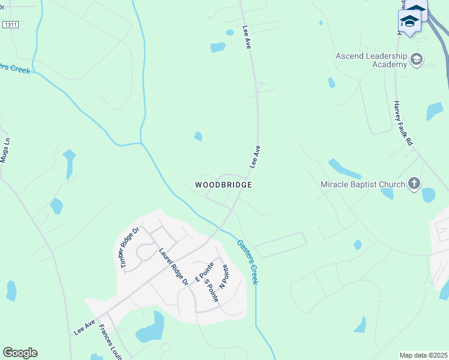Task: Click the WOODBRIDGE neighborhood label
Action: click(223, 185)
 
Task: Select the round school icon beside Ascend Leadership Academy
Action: click(417, 59)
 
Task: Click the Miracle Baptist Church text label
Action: click(363, 184)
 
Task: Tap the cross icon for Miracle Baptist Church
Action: click(414, 184)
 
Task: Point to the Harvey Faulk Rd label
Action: click(404, 122)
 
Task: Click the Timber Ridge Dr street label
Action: click(128, 248)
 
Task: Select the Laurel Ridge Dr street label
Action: click(173, 266)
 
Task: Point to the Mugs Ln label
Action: click(5, 150)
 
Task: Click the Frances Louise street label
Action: click(112, 343)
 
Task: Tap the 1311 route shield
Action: click(10, 24)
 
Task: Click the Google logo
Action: click(20, 353)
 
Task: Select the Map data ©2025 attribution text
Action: click(423, 355)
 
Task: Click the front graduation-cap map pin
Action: click(409, 22)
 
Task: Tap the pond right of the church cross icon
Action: click(428, 195)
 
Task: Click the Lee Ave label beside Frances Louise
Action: click(85, 327)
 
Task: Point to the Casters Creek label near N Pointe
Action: click(247, 262)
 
